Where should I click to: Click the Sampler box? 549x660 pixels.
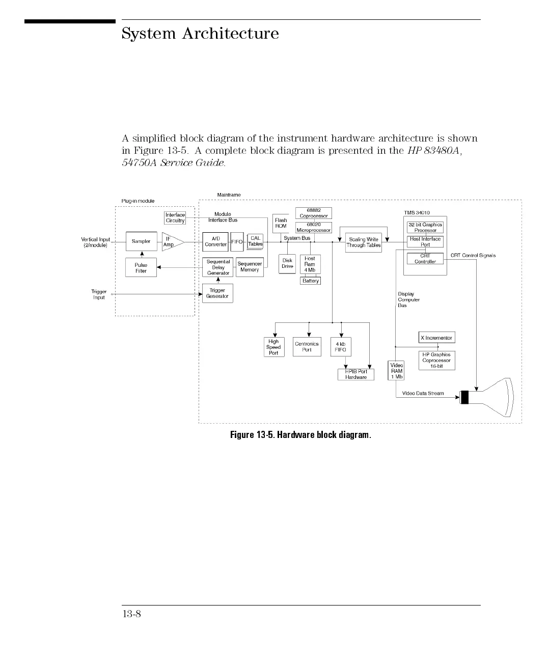pyautogui.click(x=141, y=241)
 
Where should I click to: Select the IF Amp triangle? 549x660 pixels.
pyautogui.click(x=171, y=242)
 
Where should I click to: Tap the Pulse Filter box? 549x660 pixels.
pyautogui.click(x=141, y=268)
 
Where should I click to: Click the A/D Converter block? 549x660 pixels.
pyautogui.click(x=215, y=242)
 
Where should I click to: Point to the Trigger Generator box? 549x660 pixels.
pyautogui.click(x=217, y=293)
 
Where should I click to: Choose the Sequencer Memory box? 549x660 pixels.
pyautogui.click(x=250, y=267)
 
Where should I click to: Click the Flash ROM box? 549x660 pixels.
pyautogui.click(x=281, y=224)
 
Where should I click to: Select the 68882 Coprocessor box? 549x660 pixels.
pyautogui.click(x=314, y=213)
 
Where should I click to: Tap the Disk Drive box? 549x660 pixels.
pyautogui.click(x=287, y=264)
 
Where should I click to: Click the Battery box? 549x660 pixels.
pyautogui.click(x=310, y=281)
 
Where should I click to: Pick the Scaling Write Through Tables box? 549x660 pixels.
pyautogui.click(x=364, y=242)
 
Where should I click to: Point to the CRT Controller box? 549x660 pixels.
pyautogui.click(x=425, y=259)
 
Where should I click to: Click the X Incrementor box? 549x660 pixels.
pyautogui.click(x=436, y=338)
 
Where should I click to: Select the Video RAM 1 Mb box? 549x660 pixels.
pyautogui.click(x=396, y=371)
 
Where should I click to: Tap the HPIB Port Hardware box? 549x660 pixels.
pyautogui.click(x=356, y=374)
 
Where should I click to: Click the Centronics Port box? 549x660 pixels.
pyautogui.click(x=307, y=347)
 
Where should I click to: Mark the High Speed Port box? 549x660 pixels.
pyautogui.click(x=273, y=347)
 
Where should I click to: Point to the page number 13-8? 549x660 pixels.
pyautogui.click(x=131, y=614)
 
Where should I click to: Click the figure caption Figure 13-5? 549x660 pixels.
pyautogui.click(x=300, y=435)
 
